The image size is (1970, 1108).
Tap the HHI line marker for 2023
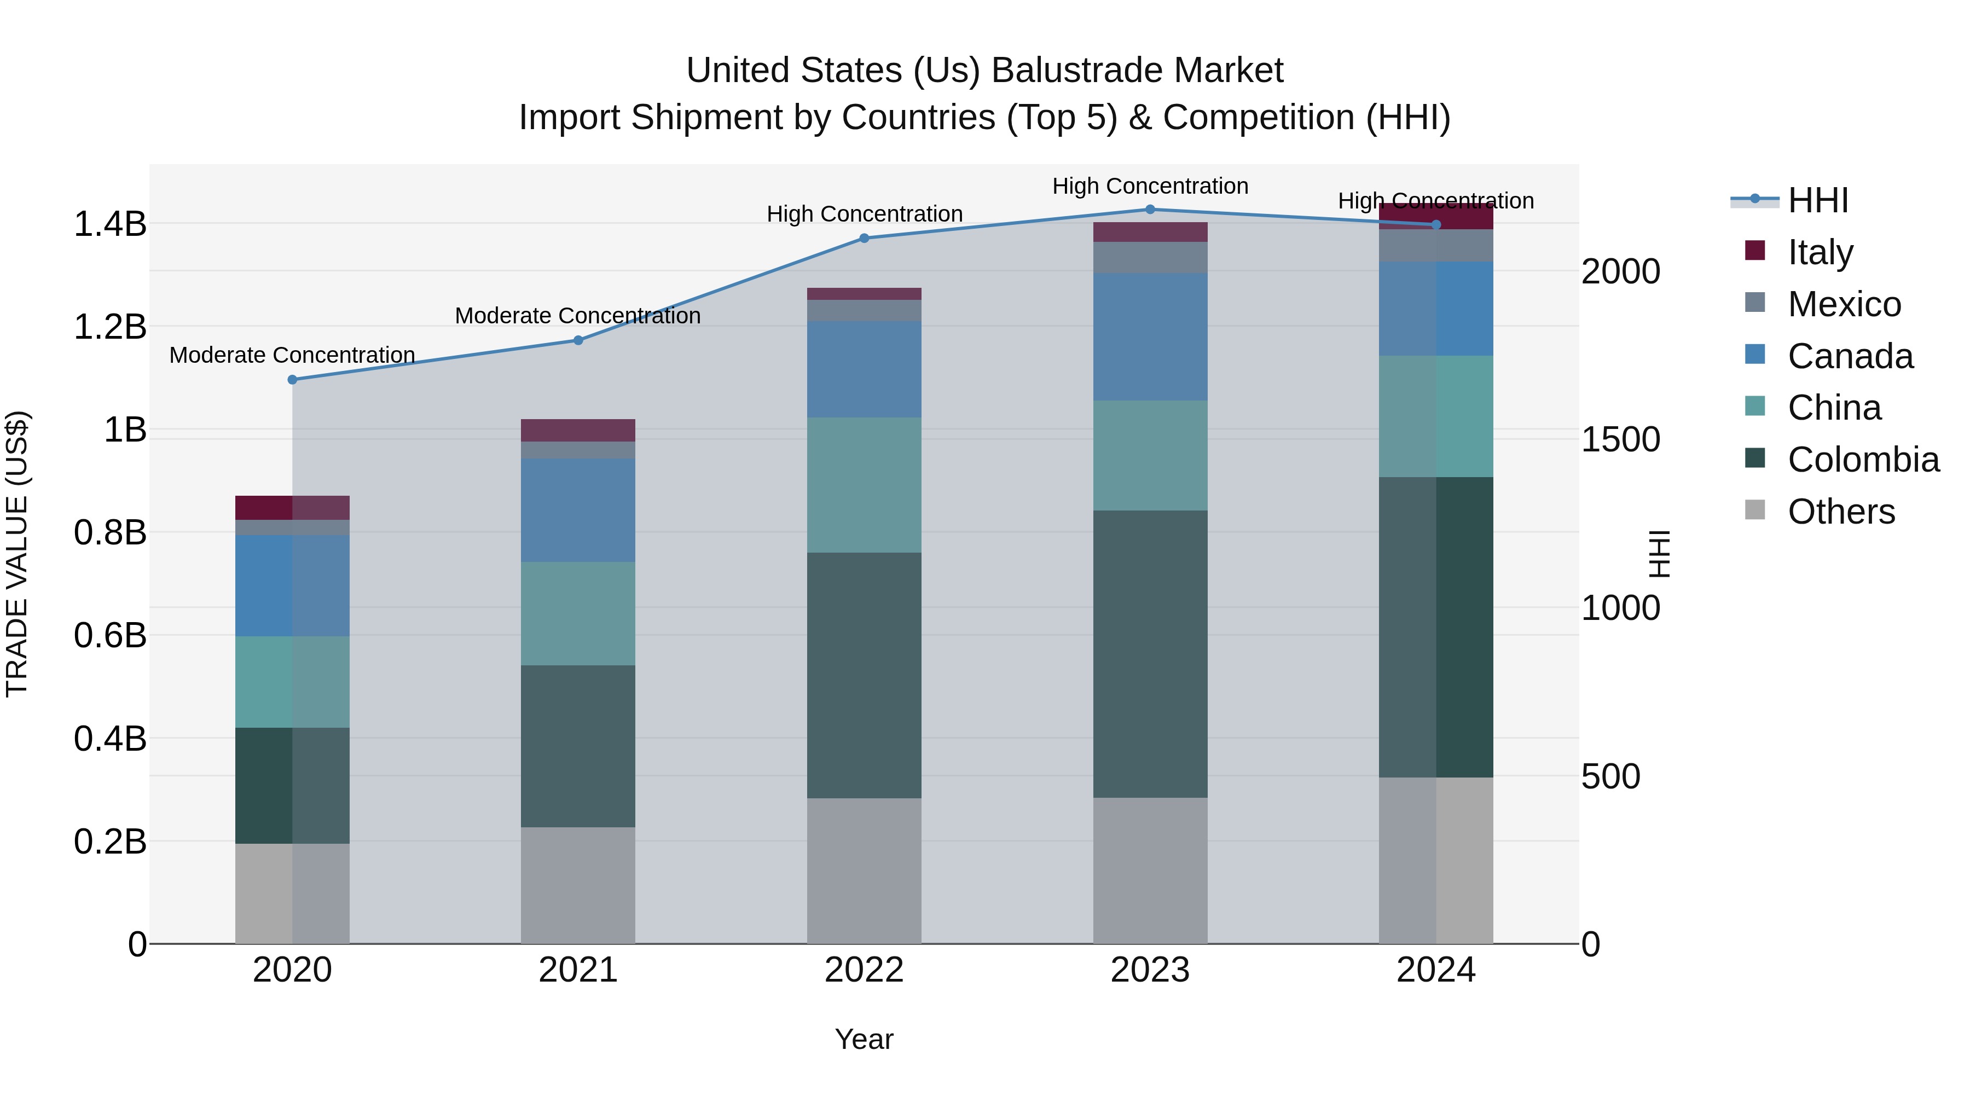coord(1150,210)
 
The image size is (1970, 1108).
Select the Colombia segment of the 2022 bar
coord(864,675)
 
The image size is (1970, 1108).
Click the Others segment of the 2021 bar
coord(578,885)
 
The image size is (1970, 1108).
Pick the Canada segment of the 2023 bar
coord(1150,337)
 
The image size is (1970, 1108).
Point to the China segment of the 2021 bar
coord(578,613)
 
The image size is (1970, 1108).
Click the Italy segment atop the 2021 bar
coord(578,431)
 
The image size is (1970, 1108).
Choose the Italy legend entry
coord(1820,252)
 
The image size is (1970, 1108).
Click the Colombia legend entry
coord(1863,460)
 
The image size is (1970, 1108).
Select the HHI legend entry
coord(1818,200)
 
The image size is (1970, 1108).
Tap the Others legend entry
coord(1841,512)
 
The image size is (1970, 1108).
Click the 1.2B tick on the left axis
coord(110,327)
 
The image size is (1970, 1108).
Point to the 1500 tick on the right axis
coord(1620,440)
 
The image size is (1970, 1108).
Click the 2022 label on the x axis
coord(864,970)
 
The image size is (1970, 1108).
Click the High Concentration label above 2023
coord(1150,186)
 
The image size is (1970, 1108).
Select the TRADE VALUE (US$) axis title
coord(17,554)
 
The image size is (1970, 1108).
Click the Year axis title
coord(864,1039)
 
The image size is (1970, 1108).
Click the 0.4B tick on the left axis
coord(110,739)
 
